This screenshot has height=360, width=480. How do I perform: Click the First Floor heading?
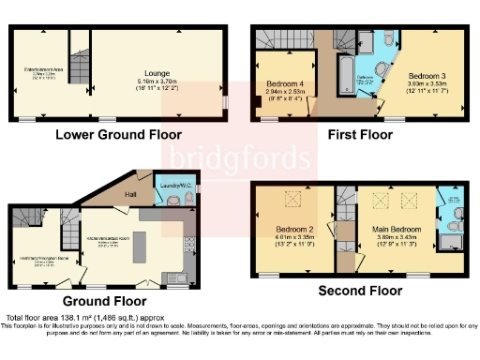pos(359,134)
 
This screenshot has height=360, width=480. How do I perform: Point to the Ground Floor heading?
pos(104,301)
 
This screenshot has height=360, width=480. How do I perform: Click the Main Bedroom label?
pos(394,229)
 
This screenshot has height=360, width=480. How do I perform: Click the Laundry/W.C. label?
pos(169,186)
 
